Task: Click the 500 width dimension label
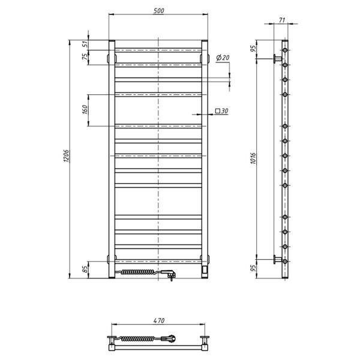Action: pos(158,11)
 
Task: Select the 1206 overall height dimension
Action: pos(66,157)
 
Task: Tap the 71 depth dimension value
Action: pos(282,20)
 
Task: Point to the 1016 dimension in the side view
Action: pos(253,158)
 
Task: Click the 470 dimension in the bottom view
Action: pos(159,320)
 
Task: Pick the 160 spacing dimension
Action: pos(85,110)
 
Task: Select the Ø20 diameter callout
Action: pos(223,58)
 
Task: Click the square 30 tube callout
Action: pos(221,111)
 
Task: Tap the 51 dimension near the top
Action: pos(85,44)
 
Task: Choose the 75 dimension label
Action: pos(85,57)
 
